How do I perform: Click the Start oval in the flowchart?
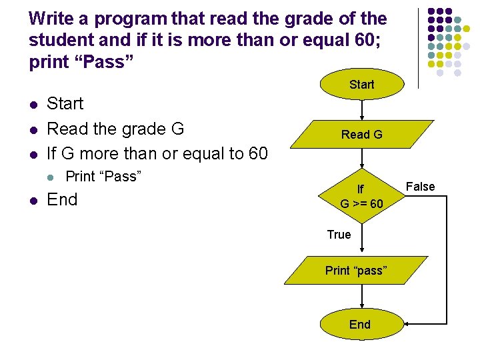tap(361, 85)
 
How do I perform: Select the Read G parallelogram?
tap(361, 135)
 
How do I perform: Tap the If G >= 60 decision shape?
tap(361, 197)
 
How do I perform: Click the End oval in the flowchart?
tap(360, 324)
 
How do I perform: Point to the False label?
tap(421, 187)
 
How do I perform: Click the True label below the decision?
tap(339, 234)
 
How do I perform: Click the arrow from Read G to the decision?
tap(361, 159)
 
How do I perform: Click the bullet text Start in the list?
tap(65, 104)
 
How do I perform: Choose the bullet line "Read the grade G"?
tap(115, 129)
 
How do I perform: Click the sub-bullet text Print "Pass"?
tap(103, 177)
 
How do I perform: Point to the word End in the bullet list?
tap(62, 200)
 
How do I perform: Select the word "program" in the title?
tap(119, 19)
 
